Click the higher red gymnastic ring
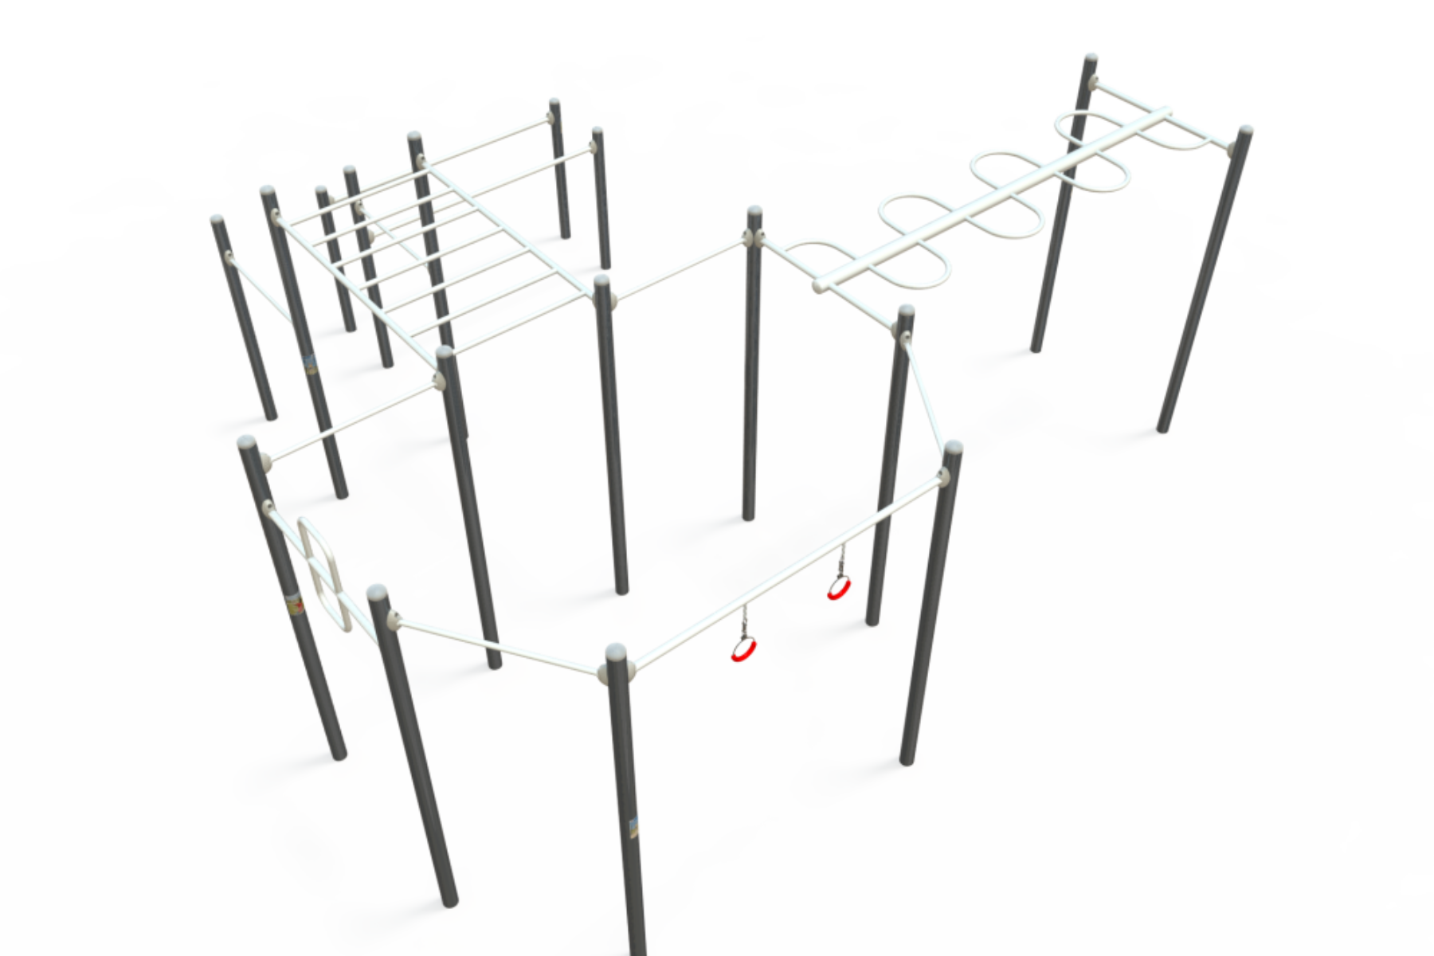point(836,590)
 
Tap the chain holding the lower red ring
point(746,621)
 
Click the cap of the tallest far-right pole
point(1091,60)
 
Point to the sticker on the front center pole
point(633,829)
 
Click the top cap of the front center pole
point(617,655)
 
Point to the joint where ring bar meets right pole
point(943,477)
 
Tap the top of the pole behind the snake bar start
point(754,213)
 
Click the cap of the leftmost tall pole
point(217,221)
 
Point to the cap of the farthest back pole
point(554,103)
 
